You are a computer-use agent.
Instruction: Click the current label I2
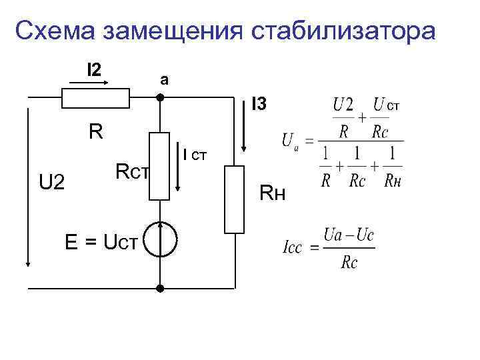pyautogui.click(x=94, y=68)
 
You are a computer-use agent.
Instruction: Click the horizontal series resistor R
pyautogui.click(x=95, y=98)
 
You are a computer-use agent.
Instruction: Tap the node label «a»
pyautogui.click(x=164, y=79)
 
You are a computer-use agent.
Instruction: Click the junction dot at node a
pyautogui.click(x=160, y=97)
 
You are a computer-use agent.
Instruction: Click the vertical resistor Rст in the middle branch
pyautogui.click(x=160, y=166)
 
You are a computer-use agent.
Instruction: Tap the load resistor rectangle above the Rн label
pyautogui.click(x=235, y=199)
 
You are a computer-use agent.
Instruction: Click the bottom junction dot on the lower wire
pyautogui.click(x=160, y=289)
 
